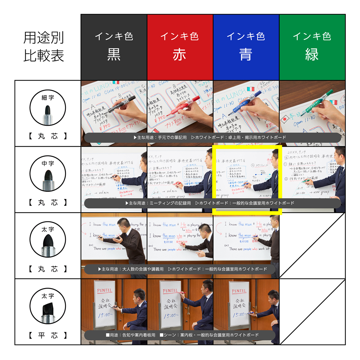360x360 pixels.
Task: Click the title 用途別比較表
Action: (44, 47)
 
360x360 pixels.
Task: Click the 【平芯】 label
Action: (48, 335)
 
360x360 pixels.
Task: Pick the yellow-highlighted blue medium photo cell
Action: (247, 180)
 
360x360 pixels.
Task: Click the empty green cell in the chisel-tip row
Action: (312, 312)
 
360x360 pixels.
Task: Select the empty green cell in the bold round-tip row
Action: (312, 246)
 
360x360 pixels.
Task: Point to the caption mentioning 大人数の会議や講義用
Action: (180, 269)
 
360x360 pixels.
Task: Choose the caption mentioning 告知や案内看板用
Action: (180, 335)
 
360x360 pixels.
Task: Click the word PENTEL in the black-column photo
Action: (104, 290)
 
